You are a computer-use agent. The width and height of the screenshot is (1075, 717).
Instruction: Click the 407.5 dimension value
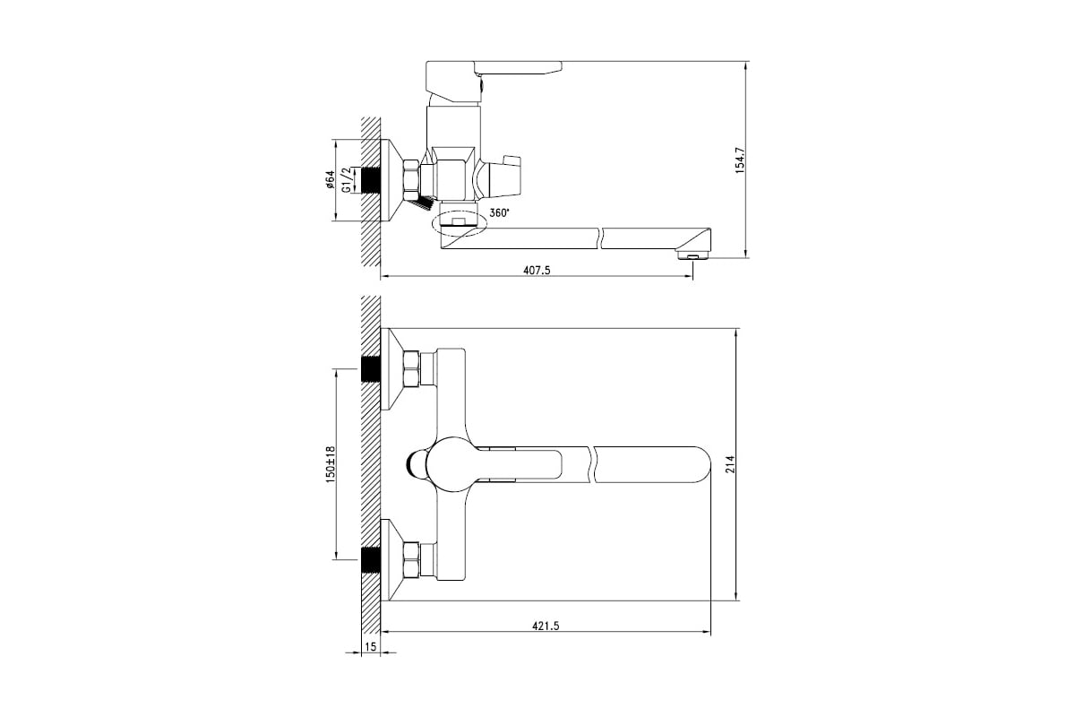(x=537, y=270)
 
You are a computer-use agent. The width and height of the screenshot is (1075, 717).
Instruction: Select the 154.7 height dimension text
(x=740, y=160)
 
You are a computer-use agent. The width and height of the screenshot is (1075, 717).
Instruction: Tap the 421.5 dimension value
(x=546, y=626)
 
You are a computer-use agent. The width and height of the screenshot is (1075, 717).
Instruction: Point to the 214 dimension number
(x=730, y=464)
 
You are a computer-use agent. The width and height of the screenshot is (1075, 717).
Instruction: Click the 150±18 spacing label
(x=331, y=464)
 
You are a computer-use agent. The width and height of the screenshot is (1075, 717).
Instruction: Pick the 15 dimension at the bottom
(x=371, y=647)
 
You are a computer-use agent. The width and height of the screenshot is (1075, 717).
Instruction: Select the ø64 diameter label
(x=330, y=179)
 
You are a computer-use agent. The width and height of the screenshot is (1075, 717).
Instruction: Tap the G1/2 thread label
(x=347, y=180)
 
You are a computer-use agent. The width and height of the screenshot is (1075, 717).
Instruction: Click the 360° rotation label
(x=500, y=212)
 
